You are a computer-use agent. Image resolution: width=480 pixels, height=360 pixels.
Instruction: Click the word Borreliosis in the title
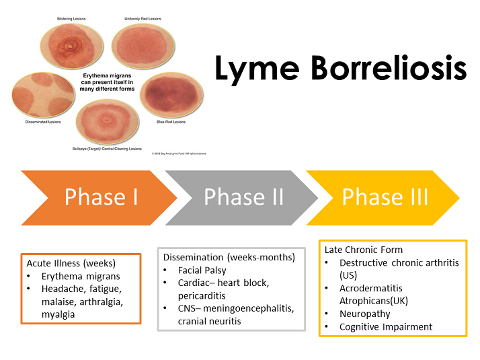click(385, 69)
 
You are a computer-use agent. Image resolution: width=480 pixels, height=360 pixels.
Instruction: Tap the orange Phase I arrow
click(101, 197)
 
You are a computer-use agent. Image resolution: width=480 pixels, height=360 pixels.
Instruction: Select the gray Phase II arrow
click(243, 197)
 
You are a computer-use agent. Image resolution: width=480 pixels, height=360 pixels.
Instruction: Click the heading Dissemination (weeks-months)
click(229, 257)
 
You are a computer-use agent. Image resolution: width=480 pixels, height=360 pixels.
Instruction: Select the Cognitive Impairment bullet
click(386, 326)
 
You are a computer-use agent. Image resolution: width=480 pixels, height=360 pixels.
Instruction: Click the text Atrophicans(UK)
click(374, 301)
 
